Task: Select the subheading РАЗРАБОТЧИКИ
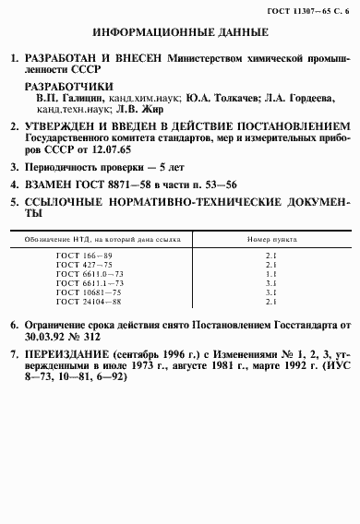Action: (x=65, y=83)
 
